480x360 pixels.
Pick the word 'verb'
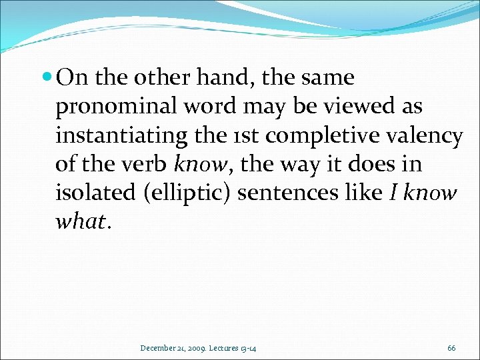click(x=150, y=164)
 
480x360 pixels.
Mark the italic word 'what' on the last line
click(x=78, y=221)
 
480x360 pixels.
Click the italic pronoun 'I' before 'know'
click(x=394, y=193)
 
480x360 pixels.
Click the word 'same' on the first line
click(x=327, y=79)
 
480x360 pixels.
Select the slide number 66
click(x=451, y=347)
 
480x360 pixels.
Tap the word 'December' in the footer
click(x=157, y=347)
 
